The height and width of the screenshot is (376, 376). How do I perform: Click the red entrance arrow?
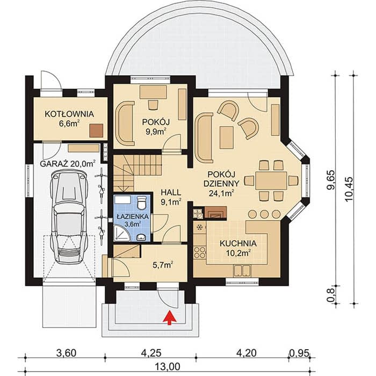point(170,317)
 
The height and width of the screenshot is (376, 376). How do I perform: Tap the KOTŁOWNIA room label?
point(69,114)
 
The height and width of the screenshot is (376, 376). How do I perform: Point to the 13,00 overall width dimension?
point(167,367)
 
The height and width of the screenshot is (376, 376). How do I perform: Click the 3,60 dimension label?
point(66,353)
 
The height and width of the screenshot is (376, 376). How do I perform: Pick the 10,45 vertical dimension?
point(349,190)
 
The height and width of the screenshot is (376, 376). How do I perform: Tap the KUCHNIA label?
point(238,243)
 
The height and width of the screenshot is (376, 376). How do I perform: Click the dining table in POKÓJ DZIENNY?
point(271,180)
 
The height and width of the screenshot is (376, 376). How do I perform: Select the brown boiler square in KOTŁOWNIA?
point(96,131)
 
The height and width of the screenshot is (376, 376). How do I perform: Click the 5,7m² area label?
point(163,265)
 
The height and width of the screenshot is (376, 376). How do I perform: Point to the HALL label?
point(171,192)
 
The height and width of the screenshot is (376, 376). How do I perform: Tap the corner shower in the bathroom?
point(122,233)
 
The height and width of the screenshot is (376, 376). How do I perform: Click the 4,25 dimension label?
point(151,353)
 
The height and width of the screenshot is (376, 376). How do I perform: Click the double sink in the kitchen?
point(242,271)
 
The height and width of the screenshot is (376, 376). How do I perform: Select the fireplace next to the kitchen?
point(215,213)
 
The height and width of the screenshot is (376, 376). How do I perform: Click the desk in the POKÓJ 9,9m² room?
point(154,92)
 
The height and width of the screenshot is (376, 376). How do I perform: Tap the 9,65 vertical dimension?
point(331,180)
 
